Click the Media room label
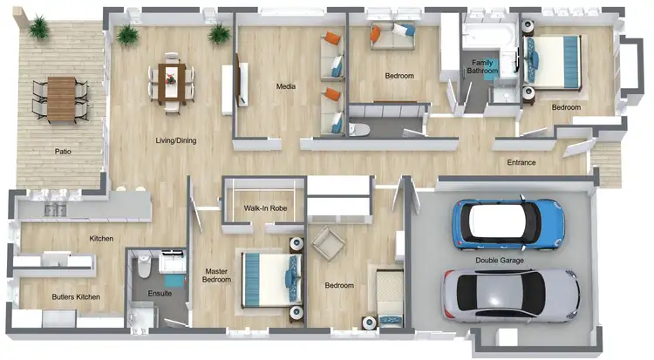point(285,87)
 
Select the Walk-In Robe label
point(264,208)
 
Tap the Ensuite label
point(159,293)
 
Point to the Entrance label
point(521,163)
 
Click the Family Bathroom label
point(485,67)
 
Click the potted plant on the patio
point(38,29)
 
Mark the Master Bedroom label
point(215,275)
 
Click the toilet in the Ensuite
point(144,271)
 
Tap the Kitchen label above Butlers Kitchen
point(102,239)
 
